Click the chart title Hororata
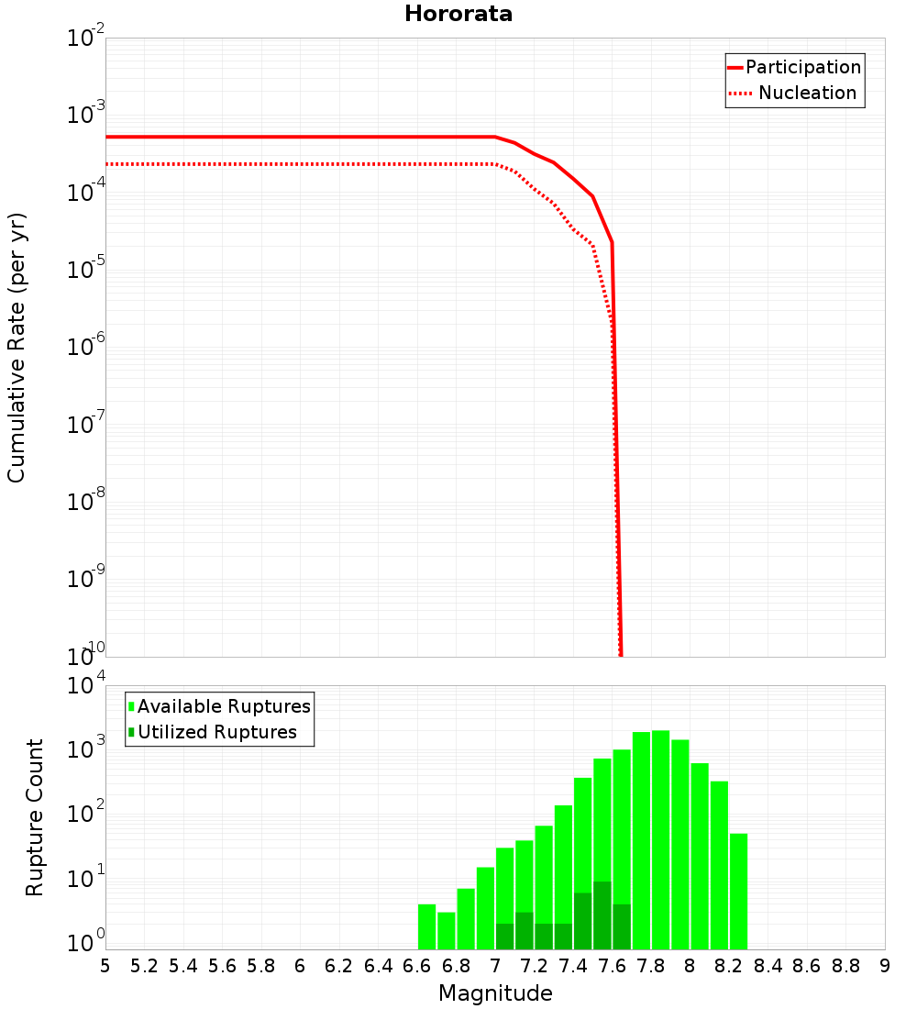458,14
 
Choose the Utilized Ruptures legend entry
216,733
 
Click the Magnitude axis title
495,993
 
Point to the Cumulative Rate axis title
17,348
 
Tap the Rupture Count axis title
35,817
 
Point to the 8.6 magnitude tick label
807,966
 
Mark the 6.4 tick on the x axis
379,966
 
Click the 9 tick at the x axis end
885,966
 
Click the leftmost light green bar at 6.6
426,926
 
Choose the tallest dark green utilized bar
602,915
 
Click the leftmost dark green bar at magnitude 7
504,937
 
